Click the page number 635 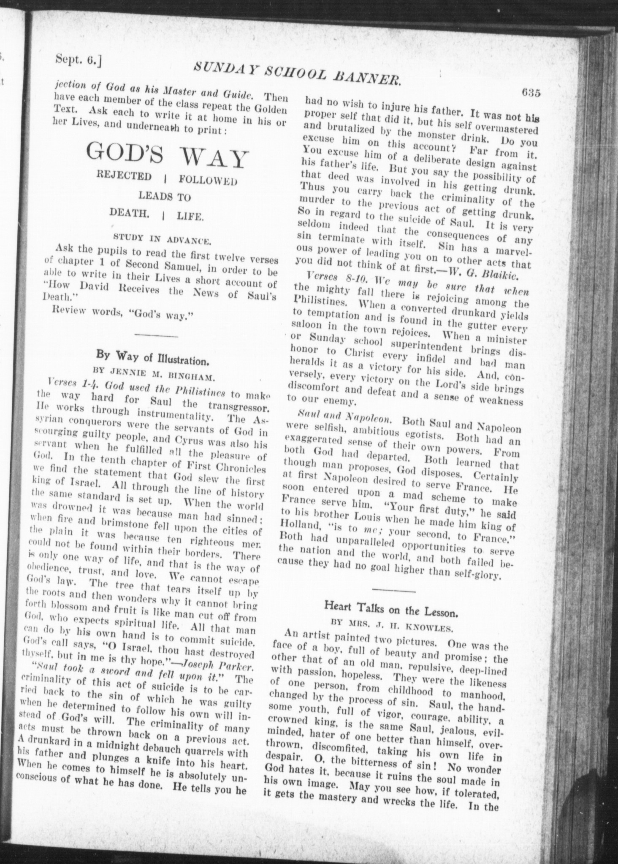[x=531, y=93]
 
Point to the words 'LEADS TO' [x=165, y=197]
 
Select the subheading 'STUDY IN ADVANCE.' [x=162, y=240]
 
